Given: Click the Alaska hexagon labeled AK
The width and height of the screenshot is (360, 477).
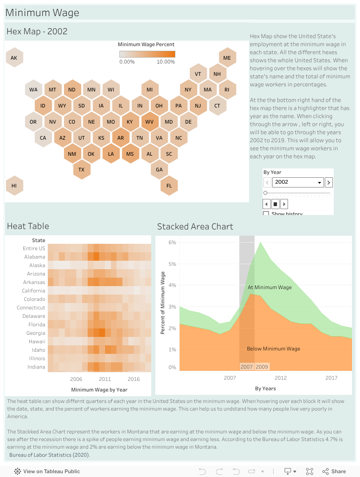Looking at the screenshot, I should [14, 58].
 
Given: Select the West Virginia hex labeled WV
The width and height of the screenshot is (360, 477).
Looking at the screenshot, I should [150, 122].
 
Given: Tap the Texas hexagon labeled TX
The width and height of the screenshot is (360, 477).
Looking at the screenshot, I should [81, 170].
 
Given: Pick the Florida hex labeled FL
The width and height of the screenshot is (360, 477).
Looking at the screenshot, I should [169, 186].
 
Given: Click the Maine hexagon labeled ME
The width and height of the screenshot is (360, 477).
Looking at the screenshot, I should [227, 58].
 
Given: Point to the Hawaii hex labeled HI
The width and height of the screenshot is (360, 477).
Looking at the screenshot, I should [14, 186].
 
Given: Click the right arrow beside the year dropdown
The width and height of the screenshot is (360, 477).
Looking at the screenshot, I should [329, 182].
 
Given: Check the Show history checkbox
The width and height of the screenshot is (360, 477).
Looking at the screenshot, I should [266, 214].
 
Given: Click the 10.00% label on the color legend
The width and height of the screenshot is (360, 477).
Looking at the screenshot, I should [166, 62].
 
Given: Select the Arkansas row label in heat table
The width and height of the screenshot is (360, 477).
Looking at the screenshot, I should [34, 282].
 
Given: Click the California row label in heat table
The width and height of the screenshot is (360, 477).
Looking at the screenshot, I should [33, 291].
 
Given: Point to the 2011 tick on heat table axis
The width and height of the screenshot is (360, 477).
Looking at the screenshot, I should [105, 379].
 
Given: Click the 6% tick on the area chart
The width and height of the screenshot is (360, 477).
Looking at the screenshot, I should [172, 243].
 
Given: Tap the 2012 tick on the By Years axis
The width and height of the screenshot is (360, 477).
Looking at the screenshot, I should [280, 378].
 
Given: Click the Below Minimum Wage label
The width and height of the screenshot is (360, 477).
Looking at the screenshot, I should [273, 349].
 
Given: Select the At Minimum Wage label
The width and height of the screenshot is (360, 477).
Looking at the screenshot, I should [270, 287].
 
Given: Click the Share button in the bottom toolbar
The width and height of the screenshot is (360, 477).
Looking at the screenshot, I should [334, 471].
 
